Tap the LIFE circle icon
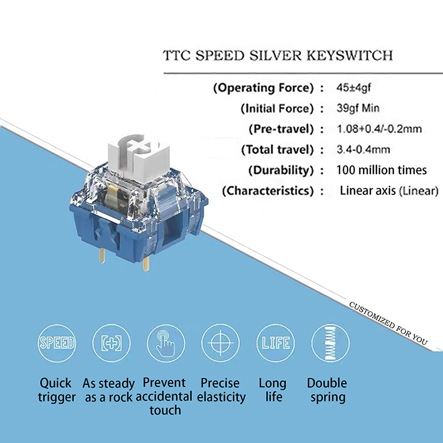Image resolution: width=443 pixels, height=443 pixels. pyautogui.click(x=274, y=342)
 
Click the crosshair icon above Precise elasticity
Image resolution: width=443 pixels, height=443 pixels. pyautogui.click(x=219, y=342)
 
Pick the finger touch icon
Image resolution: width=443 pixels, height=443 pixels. pyautogui.click(x=165, y=342)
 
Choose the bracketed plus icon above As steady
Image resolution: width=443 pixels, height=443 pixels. pyautogui.click(x=111, y=342)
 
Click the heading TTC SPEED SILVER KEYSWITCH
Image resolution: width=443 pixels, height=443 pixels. pyautogui.click(x=278, y=56)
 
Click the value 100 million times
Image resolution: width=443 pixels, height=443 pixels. pyautogui.click(x=382, y=170)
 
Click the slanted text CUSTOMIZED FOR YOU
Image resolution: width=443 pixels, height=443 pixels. pyautogui.click(x=387, y=324)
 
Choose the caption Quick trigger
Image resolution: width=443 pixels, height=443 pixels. pyautogui.click(x=56, y=390)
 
